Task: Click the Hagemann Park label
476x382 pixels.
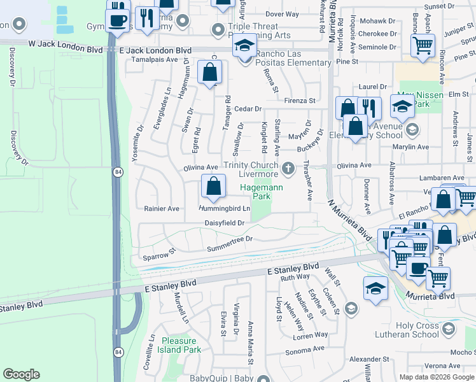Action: coord(255,192)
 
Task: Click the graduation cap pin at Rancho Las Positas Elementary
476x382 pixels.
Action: coord(244,46)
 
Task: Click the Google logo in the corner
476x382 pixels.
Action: coord(21,374)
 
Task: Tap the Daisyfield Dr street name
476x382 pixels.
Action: coord(225,223)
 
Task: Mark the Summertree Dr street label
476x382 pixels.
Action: coord(229,239)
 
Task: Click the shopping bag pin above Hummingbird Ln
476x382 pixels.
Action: coord(214,187)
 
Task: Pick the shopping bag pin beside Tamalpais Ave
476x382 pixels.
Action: coord(209,73)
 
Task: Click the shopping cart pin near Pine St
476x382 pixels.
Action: coord(422,46)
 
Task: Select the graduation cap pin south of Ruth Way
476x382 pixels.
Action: coord(375,288)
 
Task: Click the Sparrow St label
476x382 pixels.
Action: coord(159,255)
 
